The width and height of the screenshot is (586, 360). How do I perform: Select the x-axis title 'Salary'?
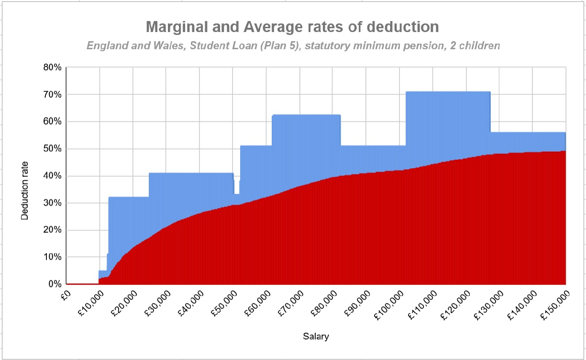[316, 337]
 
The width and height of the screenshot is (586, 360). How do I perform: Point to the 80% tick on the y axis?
[51, 67]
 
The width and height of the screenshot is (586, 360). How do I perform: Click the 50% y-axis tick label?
[51, 149]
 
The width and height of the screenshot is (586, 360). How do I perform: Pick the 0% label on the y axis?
[54, 284]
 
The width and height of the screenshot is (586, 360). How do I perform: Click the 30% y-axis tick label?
[51, 203]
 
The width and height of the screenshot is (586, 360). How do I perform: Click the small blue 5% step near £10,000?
[103, 273]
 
